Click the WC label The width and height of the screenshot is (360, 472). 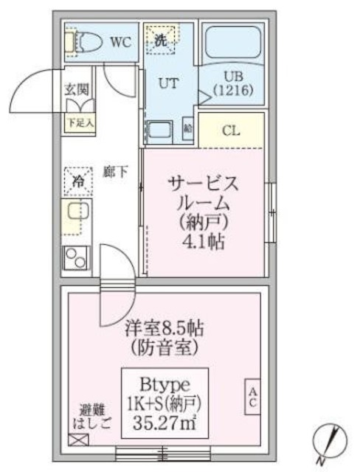[121, 41]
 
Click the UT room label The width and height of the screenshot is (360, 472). [168, 83]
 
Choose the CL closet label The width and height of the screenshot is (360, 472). [232, 132]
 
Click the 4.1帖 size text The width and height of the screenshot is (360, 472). [206, 241]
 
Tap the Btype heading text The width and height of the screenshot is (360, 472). [166, 384]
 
